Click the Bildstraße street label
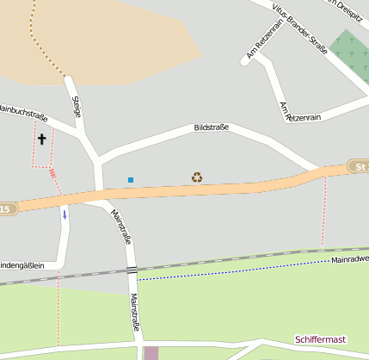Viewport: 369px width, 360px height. (x=211, y=127)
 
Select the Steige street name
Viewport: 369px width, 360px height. (x=77, y=107)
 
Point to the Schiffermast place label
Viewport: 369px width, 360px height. (x=323, y=340)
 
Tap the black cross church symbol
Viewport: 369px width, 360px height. (x=41, y=138)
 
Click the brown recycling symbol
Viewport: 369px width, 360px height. (x=197, y=177)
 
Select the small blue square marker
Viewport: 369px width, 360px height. (x=131, y=180)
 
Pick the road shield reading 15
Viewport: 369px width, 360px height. (x=7, y=208)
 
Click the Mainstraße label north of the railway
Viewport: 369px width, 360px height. (x=120, y=227)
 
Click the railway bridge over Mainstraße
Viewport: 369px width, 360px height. (x=132, y=270)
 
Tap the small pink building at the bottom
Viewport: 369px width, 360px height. (x=151, y=353)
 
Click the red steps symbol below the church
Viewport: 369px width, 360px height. (x=52, y=172)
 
